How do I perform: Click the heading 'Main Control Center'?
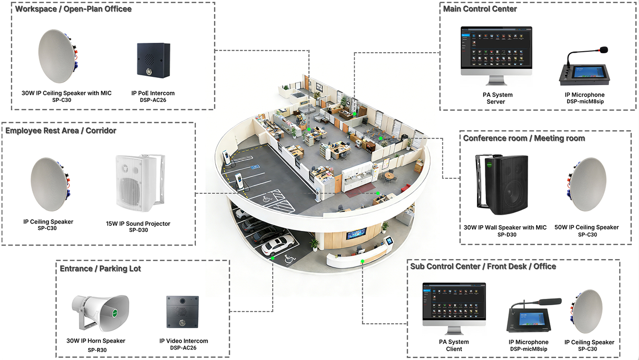480,9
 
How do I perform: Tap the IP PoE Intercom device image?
154,60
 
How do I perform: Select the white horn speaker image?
100,313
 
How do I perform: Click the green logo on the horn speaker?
114,312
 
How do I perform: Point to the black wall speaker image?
502,184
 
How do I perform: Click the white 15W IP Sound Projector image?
141,183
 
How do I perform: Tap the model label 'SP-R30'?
97,350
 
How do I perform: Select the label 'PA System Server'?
497,98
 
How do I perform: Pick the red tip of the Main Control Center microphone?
604,50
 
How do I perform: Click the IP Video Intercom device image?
182,312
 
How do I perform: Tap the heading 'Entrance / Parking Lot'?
100,269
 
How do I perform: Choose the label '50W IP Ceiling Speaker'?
587,227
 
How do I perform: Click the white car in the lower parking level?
277,245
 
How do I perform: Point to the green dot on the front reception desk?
362,261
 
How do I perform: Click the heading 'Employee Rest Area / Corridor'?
61,131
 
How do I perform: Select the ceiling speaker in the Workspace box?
58,56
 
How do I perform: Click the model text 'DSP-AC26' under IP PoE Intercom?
153,100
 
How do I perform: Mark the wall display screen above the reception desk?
356,234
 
